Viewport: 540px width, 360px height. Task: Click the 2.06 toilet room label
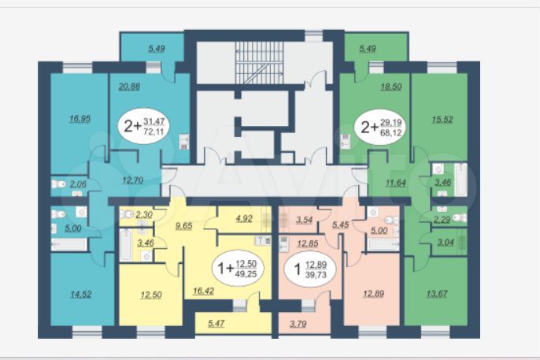click(x=77, y=184)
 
